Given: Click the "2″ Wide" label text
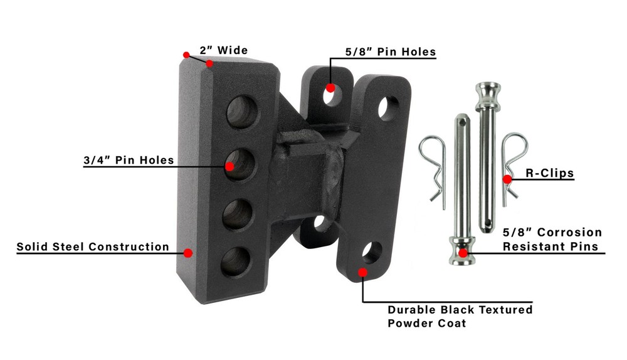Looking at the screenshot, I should pos(224,50).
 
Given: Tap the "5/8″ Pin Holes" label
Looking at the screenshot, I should pos(390,51).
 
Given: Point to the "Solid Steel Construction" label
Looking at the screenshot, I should pos(93,246).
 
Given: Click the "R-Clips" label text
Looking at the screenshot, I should pos(550,173).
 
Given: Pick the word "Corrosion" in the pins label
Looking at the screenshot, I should pos(571,233).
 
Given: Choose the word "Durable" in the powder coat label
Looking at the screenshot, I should pos(414,309).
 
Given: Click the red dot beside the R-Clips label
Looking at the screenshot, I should pos(507,179).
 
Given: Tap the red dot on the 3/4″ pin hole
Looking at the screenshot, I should pos(229,166).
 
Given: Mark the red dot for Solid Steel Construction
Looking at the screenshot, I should pos(187,253).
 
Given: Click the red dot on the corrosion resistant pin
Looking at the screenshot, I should pos(463,253).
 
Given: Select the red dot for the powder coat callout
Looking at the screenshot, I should pos(362,272).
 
